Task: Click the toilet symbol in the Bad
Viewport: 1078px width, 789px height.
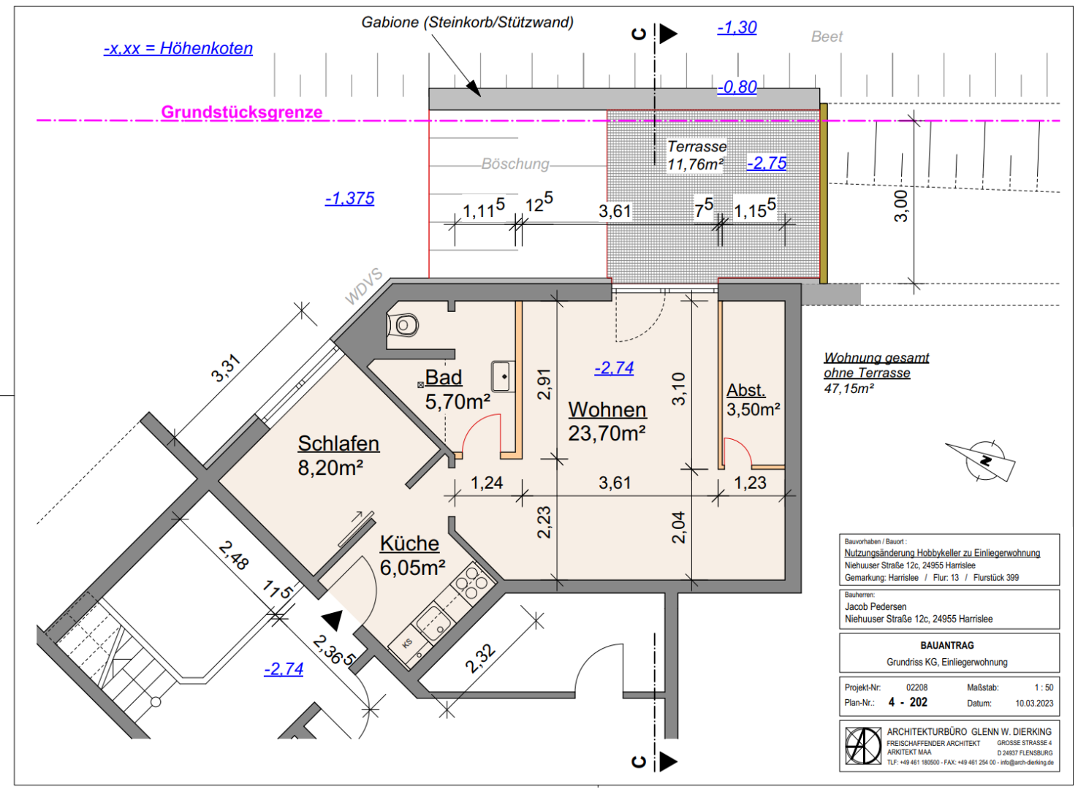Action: pos(403,326)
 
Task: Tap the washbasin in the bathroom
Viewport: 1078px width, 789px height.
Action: pos(503,376)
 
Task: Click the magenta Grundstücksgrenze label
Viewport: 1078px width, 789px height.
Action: pos(242,112)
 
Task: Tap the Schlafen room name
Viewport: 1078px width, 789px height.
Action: pos(338,443)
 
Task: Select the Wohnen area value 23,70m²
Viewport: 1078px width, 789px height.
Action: pos(607,433)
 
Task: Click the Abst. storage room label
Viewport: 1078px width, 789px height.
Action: pos(745,389)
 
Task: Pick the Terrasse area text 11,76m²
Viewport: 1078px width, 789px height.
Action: pos(695,164)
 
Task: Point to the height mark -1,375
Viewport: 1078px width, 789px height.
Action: pos(349,198)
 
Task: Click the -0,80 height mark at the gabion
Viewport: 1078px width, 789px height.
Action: pos(737,87)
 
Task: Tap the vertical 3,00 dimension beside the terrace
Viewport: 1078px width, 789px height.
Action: pos(900,206)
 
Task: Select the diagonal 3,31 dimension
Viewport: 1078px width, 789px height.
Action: pos(225,368)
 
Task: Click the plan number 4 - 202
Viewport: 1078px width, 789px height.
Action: pos(908,702)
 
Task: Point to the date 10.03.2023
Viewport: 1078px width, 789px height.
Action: pos(1034,704)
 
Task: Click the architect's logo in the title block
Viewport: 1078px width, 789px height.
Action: pos(863,746)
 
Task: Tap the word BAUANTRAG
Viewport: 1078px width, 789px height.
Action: pos(947,645)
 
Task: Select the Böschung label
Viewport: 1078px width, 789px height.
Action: pos(515,164)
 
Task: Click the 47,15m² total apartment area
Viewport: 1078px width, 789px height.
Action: pos(849,388)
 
